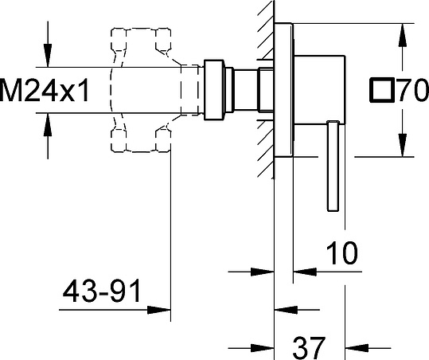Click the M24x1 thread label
click(45, 90)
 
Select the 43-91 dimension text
click(102, 291)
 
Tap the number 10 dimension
click(342, 253)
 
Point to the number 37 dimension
click(309, 348)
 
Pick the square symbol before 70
click(382, 90)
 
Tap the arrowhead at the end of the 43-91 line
click(159, 310)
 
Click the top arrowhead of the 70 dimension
click(402, 35)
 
